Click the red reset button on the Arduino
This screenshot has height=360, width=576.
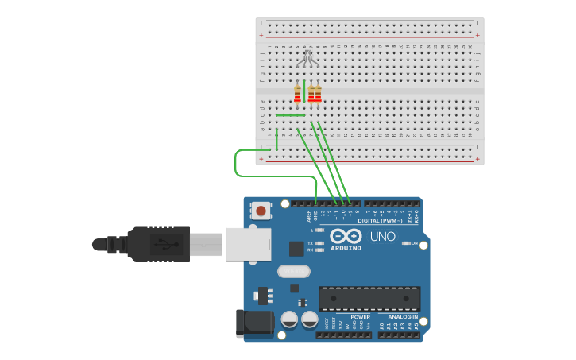(x=260, y=211)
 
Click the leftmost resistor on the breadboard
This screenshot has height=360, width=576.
(x=298, y=94)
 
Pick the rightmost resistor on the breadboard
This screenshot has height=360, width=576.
(x=318, y=94)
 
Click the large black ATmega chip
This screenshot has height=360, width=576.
(x=369, y=298)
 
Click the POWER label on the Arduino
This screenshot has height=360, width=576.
(x=360, y=317)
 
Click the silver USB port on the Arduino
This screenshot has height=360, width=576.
(x=248, y=244)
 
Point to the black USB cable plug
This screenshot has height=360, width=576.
(x=159, y=244)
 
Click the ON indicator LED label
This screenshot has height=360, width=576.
(x=414, y=243)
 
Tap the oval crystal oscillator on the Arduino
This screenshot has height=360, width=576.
(x=293, y=271)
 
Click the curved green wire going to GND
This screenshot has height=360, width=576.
(x=238, y=163)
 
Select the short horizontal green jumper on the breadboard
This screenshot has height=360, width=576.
(x=290, y=115)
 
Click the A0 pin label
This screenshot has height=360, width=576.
(x=381, y=326)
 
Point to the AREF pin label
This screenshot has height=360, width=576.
(x=308, y=215)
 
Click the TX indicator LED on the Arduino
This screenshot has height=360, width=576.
(x=319, y=242)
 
